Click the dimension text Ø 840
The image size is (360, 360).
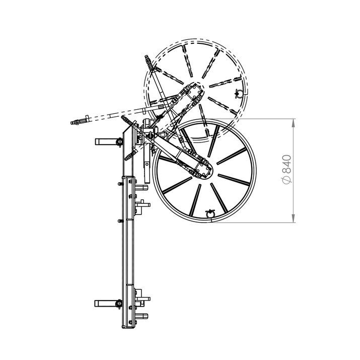tap(287, 170)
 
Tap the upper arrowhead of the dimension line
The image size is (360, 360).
tap(293, 123)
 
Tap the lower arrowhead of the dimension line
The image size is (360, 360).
tap(293, 218)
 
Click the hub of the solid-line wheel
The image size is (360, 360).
tap(204, 170)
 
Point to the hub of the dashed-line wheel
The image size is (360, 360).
tap(195, 91)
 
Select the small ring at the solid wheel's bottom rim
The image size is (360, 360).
tap(210, 214)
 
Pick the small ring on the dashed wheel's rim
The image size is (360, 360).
tap(238, 94)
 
